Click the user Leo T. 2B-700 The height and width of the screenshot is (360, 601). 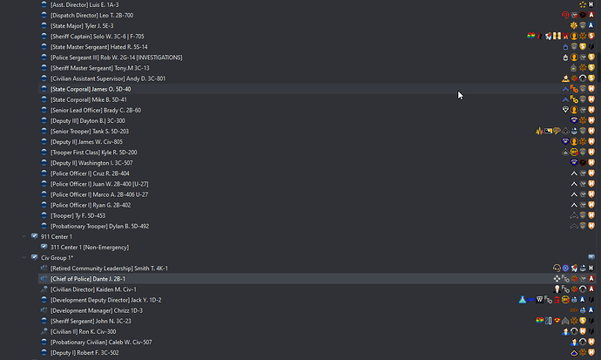coord(92,16)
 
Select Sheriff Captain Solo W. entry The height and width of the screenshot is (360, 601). coord(98,37)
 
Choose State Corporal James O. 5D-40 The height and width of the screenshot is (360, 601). coord(91,89)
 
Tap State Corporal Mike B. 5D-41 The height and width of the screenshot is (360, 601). coord(89,99)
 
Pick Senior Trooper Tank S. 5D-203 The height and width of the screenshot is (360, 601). coord(90,131)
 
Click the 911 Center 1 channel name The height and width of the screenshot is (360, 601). coord(57,236)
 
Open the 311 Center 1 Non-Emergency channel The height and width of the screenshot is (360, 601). coord(90,248)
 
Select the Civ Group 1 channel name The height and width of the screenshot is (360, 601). coord(57,258)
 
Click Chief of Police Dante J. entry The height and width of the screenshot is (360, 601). coord(88,279)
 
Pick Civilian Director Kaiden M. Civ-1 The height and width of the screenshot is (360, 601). coord(93,289)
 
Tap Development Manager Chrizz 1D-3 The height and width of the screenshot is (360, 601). coord(97,310)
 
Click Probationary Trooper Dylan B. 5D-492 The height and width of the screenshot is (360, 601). coord(99,226)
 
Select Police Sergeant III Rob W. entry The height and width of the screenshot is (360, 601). coord(117,58)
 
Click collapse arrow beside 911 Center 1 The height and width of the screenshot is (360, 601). coord(24,236)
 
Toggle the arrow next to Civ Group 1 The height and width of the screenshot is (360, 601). coord(24,258)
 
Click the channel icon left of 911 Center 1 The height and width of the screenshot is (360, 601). coord(34,236)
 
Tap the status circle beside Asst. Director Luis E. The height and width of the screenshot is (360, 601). coord(44,4)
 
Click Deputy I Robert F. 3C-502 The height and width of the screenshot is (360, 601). coord(84,353)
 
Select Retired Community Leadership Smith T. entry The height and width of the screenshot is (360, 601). coord(109,268)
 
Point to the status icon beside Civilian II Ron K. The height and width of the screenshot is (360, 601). coord(44,331)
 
